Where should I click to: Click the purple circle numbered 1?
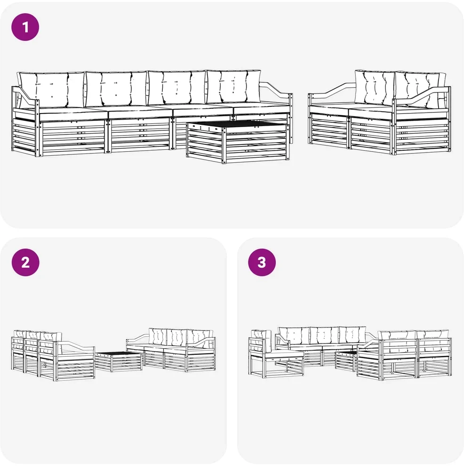25,27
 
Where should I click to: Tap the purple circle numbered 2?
25,263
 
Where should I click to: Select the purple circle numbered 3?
262,263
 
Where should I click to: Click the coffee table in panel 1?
238,142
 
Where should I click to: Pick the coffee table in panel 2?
119,361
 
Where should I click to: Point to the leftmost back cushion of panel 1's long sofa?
51,89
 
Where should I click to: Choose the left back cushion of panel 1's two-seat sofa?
375,88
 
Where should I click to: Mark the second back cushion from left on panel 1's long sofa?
116,88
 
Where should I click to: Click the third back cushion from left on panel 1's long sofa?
177,88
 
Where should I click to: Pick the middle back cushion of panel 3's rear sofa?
324,336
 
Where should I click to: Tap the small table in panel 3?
346,361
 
